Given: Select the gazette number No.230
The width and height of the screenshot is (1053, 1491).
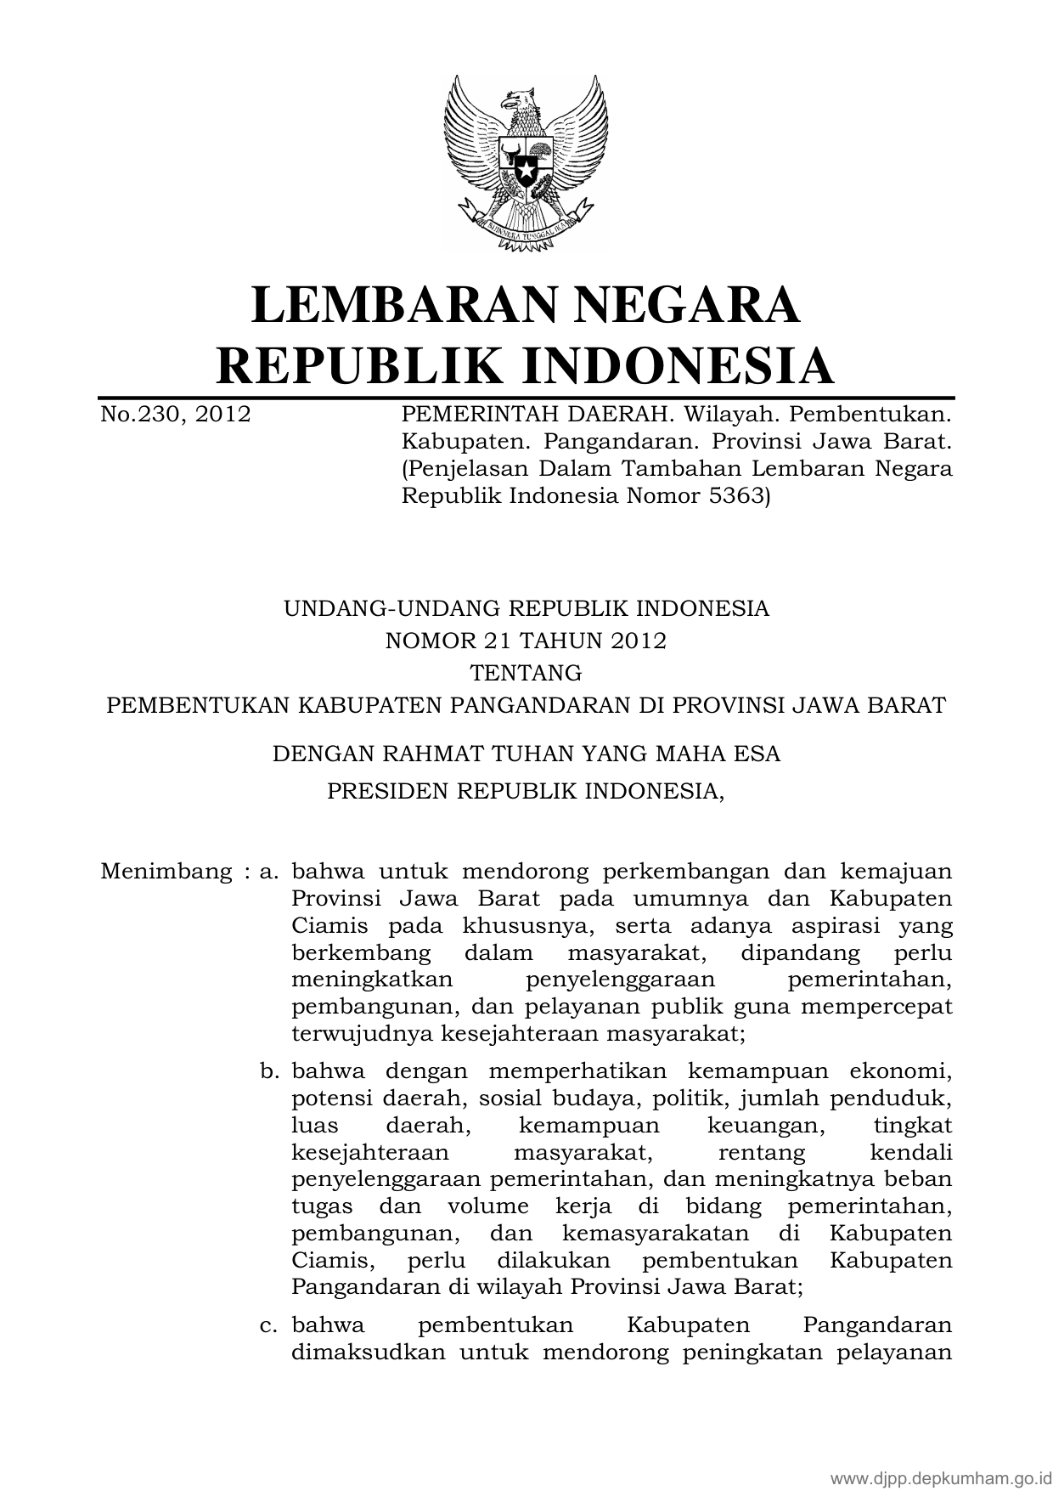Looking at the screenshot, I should (139, 415).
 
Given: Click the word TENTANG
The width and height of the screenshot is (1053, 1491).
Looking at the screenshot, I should (526, 673).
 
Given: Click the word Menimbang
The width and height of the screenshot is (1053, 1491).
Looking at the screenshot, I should (166, 872).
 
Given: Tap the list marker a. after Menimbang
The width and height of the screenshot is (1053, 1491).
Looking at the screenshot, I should (270, 872).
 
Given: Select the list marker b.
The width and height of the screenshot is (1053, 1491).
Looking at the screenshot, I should (270, 1071).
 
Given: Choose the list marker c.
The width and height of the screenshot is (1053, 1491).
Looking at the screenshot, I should (270, 1325).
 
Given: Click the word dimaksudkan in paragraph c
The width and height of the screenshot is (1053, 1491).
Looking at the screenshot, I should (369, 1353).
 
